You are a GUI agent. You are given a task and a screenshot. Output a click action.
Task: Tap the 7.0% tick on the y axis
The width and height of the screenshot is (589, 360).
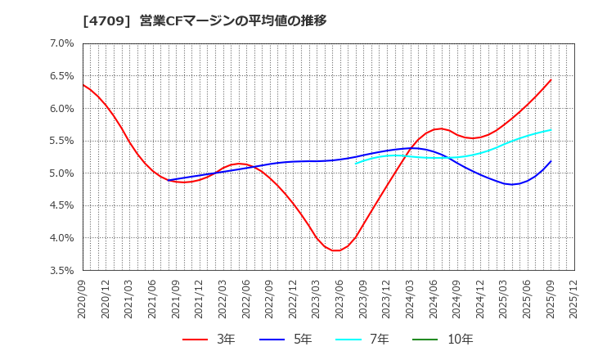click(x=62, y=43)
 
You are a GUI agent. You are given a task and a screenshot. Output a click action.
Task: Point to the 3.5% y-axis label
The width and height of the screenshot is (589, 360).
click(x=62, y=271)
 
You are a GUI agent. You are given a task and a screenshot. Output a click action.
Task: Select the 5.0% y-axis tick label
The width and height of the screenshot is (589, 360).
click(x=62, y=173)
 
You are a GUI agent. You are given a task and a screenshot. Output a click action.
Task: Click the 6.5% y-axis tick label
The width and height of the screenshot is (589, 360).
click(x=62, y=76)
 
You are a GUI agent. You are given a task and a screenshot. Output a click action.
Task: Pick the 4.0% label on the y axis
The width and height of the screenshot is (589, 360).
click(x=62, y=238)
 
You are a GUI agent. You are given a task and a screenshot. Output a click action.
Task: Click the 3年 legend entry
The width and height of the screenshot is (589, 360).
click(x=209, y=339)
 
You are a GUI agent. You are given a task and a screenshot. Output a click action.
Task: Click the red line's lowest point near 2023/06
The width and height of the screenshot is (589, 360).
click(x=336, y=250)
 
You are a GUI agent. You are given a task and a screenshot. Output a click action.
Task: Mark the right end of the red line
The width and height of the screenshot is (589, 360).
click(x=551, y=79)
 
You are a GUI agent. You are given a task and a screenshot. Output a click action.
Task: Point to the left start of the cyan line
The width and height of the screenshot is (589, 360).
click(x=356, y=164)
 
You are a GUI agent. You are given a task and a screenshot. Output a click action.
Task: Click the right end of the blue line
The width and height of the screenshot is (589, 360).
click(x=551, y=161)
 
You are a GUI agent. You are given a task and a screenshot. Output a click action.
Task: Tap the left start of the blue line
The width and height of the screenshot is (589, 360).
click(x=169, y=180)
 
